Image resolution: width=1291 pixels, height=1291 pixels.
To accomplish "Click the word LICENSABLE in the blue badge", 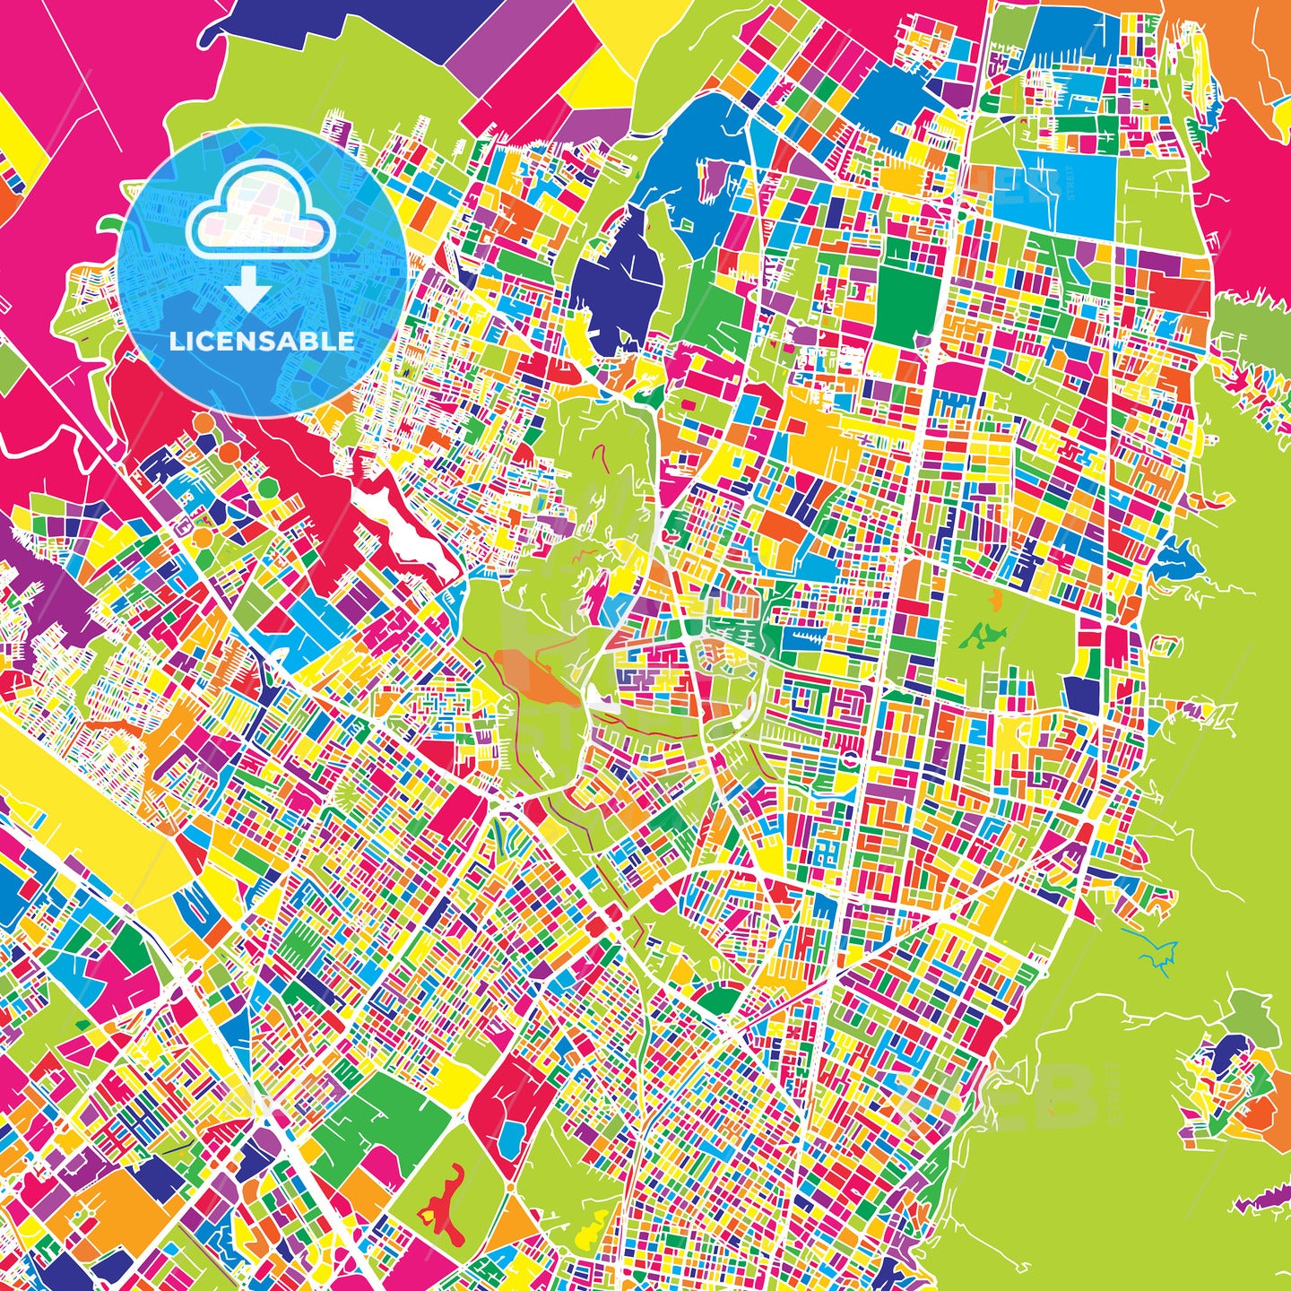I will tap(262, 342).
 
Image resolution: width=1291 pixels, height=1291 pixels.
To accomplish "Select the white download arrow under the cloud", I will tap(248, 291).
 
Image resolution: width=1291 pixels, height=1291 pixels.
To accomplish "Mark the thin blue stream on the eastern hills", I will tap(1157, 950).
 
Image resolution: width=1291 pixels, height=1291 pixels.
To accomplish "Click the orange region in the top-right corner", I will tap(1264, 45).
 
